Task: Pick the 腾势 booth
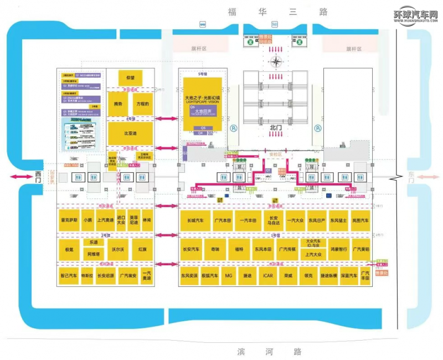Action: (x=118, y=104)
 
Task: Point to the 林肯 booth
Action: (x=147, y=220)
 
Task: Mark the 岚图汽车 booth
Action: (x=360, y=220)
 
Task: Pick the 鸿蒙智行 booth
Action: (x=338, y=249)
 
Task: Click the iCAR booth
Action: (x=269, y=275)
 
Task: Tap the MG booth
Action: (x=229, y=275)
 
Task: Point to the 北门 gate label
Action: (x=276, y=128)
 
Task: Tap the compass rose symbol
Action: (x=276, y=61)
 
